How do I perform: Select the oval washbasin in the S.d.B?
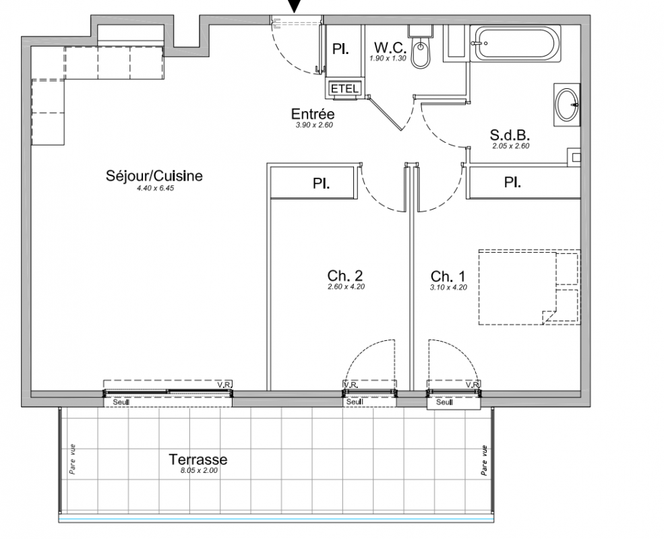567,104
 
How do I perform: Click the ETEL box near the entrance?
344,89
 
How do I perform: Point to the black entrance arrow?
295,5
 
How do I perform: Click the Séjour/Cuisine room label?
154,176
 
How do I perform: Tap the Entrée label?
313,114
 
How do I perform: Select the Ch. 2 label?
345,276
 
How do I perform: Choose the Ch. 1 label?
448,277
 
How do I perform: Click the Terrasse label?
198,459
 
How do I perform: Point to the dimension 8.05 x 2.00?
199,470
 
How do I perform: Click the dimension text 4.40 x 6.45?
155,188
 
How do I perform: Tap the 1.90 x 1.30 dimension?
388,59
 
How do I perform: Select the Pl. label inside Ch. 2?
322,184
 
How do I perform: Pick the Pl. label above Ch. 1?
512,183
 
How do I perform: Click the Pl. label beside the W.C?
340,49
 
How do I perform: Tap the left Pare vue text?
73,459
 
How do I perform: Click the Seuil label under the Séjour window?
121,402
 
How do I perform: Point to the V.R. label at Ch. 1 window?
472,385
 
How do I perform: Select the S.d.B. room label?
510,135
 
